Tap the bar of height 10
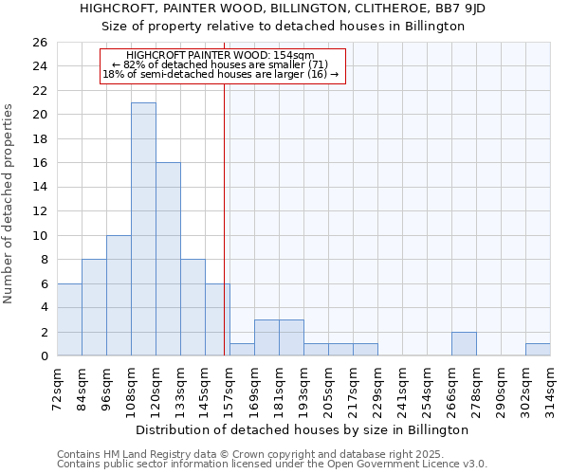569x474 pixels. pyautogui.click(x=119, y=295)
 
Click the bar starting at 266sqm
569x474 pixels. pyautogui.click(x=464, y=344)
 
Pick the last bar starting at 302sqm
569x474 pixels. pyautogui.click(x=538, y=350)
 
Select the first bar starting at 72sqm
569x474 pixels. pyautogui.click(x=69, y=319)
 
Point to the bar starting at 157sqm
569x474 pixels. pyautogui.click(x=242, y=350)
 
